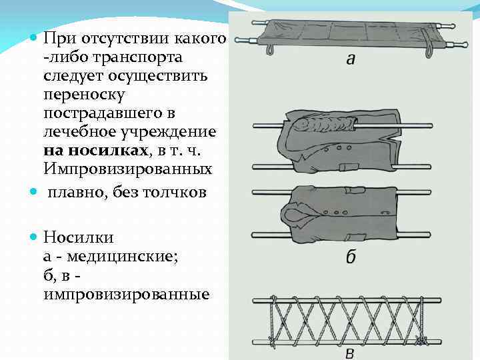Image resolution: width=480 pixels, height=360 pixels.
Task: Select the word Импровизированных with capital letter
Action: (127, 169)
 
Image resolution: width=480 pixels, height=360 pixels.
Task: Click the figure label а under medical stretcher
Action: (350, 60)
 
